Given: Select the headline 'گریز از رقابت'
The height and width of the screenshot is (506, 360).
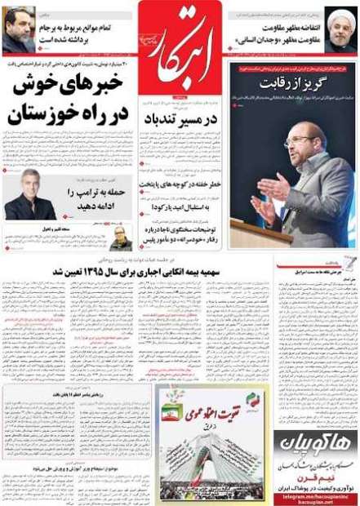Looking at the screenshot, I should (x=291, y=84).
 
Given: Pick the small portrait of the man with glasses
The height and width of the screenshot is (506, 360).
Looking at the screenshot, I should (x=121, y=238).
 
